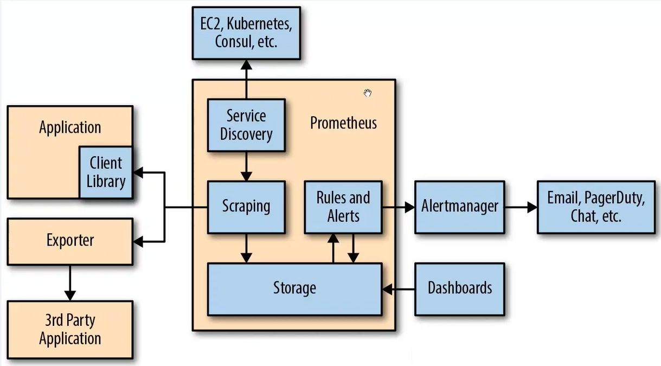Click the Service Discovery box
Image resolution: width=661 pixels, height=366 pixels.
point(246,125)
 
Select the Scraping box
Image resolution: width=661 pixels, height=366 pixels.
point(246,207)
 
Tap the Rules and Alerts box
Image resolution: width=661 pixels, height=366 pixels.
point(343,207)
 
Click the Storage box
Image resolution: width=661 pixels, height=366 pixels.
point(295,289)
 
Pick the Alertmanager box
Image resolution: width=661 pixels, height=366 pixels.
point(460,207)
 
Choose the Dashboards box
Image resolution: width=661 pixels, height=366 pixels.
point(460,289)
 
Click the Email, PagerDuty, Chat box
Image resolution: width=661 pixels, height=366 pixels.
point(596,207)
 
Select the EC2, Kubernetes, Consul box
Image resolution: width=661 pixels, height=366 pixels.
point(246,33)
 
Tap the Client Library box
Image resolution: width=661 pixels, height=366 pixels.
point(106,172)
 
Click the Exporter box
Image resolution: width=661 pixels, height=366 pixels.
point(70,241)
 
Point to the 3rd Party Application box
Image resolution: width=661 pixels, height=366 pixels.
point(70,330)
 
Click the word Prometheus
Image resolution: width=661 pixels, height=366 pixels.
point(343,123)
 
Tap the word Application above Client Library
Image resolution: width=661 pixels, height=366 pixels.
point(70,127)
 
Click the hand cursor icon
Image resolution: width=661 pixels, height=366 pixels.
point(368,93)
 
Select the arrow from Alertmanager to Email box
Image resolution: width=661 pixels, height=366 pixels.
point(521,207)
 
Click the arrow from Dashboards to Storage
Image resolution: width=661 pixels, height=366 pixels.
point(399,289)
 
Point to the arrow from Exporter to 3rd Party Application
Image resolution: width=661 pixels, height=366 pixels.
point(70,282)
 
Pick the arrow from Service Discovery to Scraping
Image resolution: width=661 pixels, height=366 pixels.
point(246,166)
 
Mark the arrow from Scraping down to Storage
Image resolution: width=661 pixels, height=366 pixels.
point(246,248)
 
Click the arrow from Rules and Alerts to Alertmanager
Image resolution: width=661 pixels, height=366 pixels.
point(399,207)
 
